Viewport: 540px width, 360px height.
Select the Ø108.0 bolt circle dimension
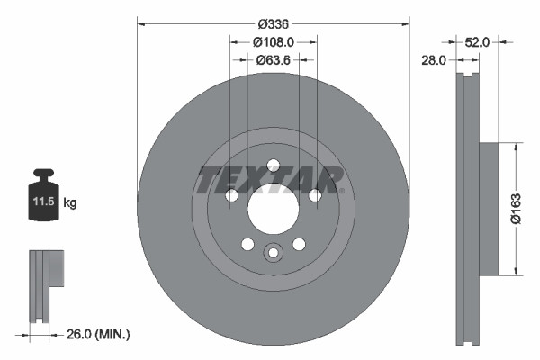273,41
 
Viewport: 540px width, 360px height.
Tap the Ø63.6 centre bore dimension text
273,60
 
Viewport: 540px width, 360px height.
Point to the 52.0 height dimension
477,41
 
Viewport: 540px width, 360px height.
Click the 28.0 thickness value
435,60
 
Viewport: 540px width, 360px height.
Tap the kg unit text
70,203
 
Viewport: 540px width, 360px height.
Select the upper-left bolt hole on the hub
230,196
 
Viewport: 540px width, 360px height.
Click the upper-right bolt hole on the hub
315,196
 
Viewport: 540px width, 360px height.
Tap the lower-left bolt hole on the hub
247,243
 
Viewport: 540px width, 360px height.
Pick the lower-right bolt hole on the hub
299,243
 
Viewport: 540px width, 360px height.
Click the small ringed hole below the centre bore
273,253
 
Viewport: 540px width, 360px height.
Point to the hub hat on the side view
486,209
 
